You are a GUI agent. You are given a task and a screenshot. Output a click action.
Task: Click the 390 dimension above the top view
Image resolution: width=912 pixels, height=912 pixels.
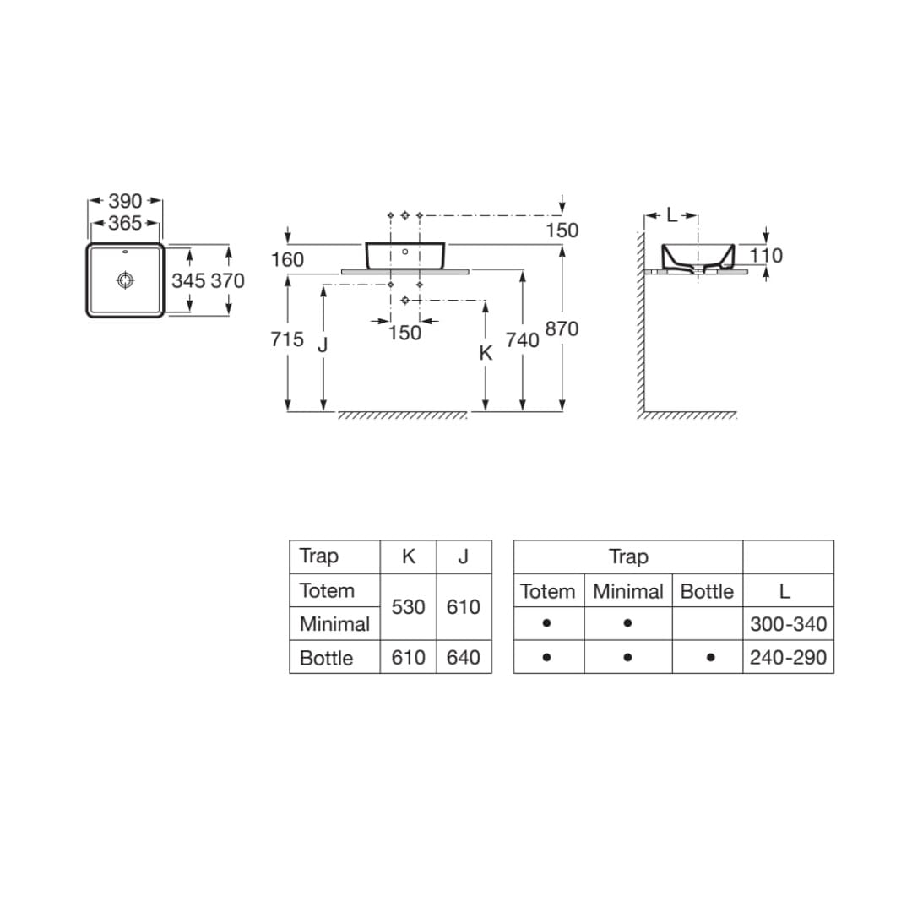(x=125, y=201)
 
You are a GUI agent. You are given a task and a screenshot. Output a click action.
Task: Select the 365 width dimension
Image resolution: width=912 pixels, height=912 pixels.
(x=125, y=223)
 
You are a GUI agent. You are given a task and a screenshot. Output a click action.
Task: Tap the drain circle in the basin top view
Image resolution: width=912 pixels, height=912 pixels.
(x=125, y=280)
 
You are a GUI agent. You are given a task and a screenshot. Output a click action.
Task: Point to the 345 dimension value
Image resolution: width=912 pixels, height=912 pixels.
(x=188, y=281)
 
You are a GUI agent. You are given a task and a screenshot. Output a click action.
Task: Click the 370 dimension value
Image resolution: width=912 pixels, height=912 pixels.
(x=227, y=281)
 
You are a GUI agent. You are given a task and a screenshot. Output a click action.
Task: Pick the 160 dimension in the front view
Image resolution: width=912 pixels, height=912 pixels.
(x=287, y=259)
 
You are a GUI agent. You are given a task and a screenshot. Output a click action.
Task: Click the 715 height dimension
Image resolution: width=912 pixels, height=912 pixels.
(x=287, y=339)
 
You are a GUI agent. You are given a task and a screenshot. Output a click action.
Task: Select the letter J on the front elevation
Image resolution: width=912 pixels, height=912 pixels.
(x=323, y=345)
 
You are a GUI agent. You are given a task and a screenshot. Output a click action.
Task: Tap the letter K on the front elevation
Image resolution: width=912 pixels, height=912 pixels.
(x=486, y=352)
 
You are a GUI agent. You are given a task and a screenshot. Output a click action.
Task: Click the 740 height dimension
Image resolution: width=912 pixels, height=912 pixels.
(x=523, y=340)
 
